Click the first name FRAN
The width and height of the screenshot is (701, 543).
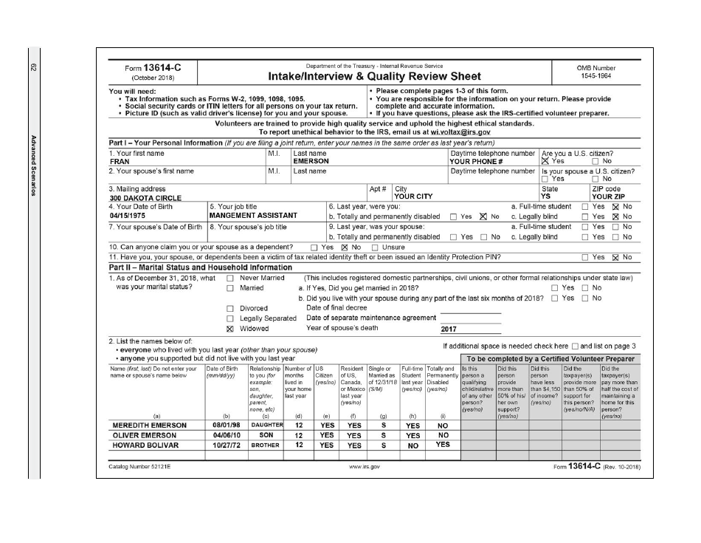point(120,160)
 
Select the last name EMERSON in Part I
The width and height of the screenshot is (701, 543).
point(311,160)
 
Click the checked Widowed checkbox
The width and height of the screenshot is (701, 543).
point(229,329)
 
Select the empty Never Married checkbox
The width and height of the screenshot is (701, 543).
point(229,278)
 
